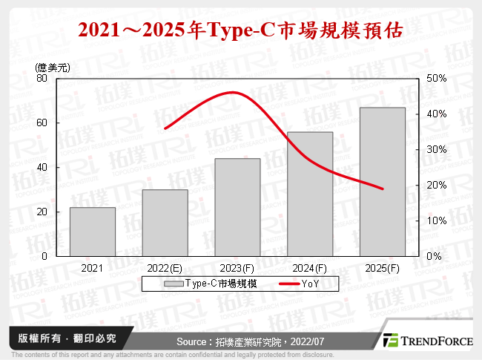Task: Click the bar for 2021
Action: coord(93,232)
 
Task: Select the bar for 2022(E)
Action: coord(165,223)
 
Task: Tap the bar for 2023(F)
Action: coord(237,207)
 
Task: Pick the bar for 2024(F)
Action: coord(310,194)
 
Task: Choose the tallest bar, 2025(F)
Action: coord(383,182)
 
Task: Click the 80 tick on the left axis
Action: coord(42,79)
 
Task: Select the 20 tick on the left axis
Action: coord(42,212)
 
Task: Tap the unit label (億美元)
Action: coord(53,68)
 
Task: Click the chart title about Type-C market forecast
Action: coord(241,30)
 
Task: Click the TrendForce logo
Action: coord(424,341)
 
